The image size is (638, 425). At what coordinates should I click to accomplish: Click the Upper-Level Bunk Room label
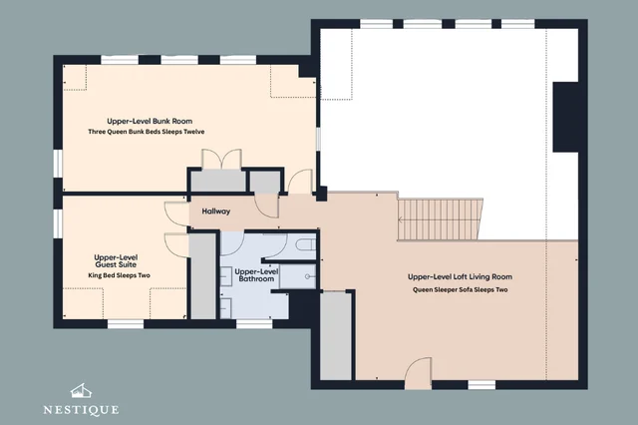click(150, 121)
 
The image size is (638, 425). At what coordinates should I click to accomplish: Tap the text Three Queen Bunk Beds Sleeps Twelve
click(147, 132)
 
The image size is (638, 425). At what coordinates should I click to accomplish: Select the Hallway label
click(216, 211)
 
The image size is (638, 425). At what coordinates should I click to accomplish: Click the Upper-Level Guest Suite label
click(116, 261)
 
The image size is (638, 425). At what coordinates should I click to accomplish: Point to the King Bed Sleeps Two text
click(120, 275)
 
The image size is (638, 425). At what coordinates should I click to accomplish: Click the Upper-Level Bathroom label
click(256, 275)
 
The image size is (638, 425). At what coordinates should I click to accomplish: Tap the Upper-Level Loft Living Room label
click(460, 276)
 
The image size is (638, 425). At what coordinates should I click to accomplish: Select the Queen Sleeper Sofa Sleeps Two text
click(461, 290)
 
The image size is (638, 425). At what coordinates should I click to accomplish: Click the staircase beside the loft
click(440, 219)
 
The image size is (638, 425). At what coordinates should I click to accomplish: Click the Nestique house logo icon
click(81, 391)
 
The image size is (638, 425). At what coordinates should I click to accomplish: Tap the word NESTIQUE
click(81, 409)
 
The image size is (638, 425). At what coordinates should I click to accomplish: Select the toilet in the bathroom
click(305, 244)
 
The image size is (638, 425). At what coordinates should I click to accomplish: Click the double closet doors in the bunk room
click(221, 159)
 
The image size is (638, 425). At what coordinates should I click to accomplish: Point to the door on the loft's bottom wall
click(419, 372)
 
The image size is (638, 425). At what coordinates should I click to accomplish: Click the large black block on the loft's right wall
click(565, 117)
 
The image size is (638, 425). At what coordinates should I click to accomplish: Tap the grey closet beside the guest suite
click(202, 276)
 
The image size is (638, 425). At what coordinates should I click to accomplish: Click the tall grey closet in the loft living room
click(336, 336)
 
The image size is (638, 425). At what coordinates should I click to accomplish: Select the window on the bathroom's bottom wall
click(254, 324)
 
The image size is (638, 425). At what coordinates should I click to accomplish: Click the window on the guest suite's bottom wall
click(126, 324)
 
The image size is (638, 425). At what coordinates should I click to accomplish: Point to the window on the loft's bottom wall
click(481, 385)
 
